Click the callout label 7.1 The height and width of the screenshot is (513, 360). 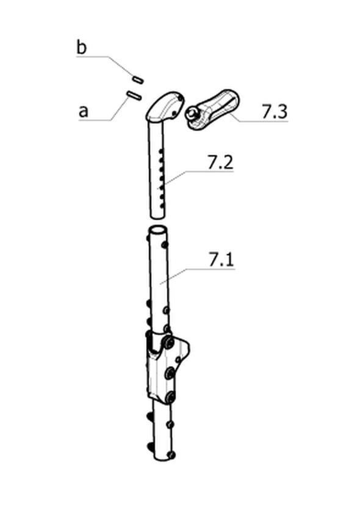[221, 260]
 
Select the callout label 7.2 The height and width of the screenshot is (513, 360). [220, 162]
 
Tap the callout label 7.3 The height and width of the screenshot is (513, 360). [275, 112]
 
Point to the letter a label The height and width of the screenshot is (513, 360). [84, 111]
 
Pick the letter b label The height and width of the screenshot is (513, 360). [81, 47]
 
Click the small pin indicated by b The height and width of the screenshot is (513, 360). [138, 79]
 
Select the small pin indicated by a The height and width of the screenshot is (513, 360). [134, 95]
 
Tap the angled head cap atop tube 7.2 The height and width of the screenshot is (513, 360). [165, 106]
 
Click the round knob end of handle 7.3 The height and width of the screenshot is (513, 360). [190, 114]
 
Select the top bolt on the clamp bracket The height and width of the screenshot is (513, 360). [169, 343]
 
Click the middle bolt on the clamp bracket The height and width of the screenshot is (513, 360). [170, 373]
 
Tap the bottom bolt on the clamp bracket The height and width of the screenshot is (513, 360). [170, 398]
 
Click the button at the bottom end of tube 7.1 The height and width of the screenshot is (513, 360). [171, 454]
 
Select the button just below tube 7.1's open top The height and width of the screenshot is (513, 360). [165, 244]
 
